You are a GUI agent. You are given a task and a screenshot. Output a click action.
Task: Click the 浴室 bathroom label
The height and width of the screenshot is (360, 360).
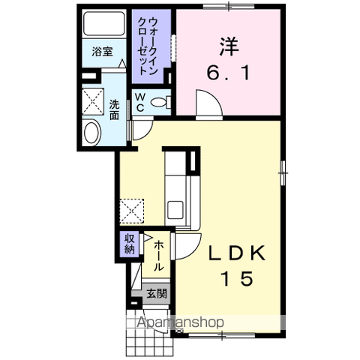coord(103,52)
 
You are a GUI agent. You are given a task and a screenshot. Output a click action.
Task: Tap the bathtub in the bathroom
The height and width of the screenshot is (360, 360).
coord(104,24)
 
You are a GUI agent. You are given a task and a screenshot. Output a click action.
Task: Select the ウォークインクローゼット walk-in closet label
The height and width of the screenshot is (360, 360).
coord(148,46)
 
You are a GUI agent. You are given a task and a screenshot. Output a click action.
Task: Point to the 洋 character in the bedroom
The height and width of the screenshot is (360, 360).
coord(229,46)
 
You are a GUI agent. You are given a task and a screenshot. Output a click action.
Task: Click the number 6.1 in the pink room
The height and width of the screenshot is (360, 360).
coord(228,73)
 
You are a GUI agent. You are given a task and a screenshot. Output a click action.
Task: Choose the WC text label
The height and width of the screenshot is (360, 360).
coord(140,102)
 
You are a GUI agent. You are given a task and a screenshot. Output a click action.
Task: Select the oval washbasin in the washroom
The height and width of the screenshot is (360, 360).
coord(91,133)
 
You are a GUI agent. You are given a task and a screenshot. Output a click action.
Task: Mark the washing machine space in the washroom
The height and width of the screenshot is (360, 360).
coord(93,101)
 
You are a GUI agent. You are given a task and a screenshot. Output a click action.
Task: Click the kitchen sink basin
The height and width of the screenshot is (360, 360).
coord(175,210)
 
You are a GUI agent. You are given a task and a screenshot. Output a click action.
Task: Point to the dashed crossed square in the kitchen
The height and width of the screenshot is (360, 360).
coord(132,211)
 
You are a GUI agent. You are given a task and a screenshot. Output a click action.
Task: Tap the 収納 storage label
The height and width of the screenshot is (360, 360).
coord(130,244)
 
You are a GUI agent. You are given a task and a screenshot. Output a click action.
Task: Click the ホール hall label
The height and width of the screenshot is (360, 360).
coord(157,256)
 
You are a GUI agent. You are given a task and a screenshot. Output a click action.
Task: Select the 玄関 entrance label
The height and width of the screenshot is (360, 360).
coord(157,293)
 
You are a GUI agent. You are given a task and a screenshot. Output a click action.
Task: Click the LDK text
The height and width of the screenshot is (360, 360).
coord(236,253)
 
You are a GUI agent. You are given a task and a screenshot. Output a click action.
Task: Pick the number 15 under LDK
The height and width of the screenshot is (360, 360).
coord(237,279)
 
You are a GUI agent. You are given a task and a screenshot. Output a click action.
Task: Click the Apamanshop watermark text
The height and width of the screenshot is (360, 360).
coord(181,322)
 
